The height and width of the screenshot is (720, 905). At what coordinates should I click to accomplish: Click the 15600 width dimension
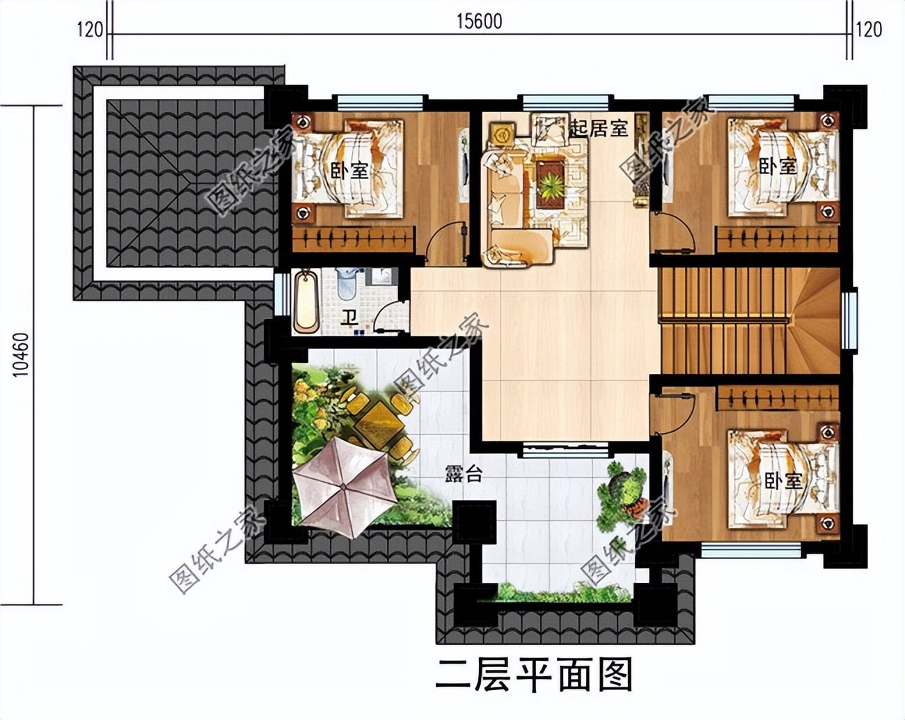click(480, 22)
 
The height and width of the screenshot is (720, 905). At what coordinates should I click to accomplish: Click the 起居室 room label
click(598, 128)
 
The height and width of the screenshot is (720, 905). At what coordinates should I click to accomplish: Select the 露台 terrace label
click(464, 475)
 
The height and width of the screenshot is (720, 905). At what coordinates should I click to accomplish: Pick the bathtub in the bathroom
click(306, 303)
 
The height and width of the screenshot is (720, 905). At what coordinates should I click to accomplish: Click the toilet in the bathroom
click(347, 283)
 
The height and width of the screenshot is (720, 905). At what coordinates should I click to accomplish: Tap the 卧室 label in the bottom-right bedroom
click(783, 480)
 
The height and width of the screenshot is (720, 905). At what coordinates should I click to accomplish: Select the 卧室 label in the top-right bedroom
click(777, 166)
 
